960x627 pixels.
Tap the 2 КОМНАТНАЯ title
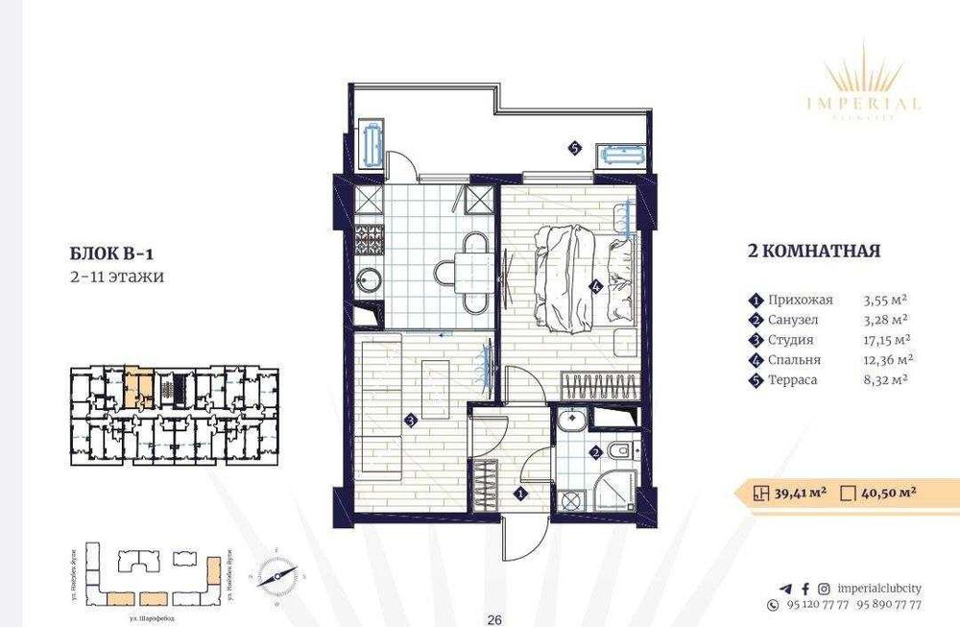[x=813, y=252]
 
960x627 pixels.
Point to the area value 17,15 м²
[x=887, y=340]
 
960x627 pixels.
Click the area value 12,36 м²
[x=887, y=360]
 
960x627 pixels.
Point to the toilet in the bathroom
[x=619, y=448]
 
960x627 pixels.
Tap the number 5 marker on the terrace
[x=573, y=149]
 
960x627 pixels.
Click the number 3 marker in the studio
[x=410, y=419]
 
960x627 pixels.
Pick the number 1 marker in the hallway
[x=519, y=494]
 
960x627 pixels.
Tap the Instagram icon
[x=822, y=589]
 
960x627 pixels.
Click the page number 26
[x=495, y=619]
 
